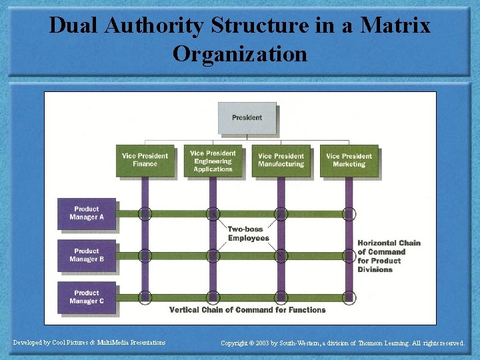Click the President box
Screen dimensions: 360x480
coord(247,118)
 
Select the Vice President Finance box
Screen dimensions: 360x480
coord(145,161)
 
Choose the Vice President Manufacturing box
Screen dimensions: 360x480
coord(281,161)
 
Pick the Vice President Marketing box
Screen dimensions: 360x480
coord(349,161)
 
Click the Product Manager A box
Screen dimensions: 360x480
coord(87,213)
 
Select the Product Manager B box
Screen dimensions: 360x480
coord(87,255)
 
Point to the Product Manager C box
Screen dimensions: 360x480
coord(87,297)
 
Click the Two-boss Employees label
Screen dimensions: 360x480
coord(248,234)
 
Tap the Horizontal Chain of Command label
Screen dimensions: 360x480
coord(389,256)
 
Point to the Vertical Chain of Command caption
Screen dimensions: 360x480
coord(247,310)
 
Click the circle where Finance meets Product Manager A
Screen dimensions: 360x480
coord(145,214)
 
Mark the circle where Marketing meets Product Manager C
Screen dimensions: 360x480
coord(349,297)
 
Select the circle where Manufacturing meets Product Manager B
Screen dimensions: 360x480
coord(281,255)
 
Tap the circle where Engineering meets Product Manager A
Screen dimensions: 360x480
coord(213,214)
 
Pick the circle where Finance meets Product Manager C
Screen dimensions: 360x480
coord(145,297)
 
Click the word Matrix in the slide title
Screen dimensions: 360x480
coord(395,26)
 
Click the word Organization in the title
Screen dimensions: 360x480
coord(240,53)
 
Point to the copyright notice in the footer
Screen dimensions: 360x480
coord(343,343)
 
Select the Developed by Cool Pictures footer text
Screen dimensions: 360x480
coord(89,343)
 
